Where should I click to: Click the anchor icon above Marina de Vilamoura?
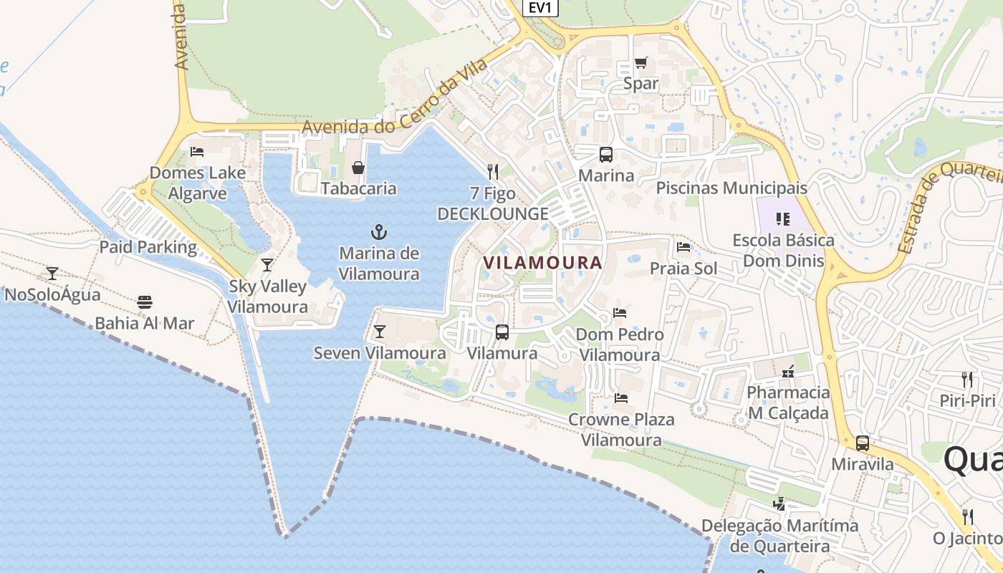[378, 231]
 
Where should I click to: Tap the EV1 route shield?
[540, 7]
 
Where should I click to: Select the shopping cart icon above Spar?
[640, 63]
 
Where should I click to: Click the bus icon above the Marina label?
[606, 154]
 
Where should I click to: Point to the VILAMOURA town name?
[542, 263]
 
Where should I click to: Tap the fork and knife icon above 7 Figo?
[493, 172]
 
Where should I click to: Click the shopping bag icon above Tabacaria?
[357, 168]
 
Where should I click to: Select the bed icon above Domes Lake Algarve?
[197, 151]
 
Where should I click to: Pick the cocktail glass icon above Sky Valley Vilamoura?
[267, 265]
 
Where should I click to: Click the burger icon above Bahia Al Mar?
[145, 302]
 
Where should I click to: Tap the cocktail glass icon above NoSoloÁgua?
[52, 273]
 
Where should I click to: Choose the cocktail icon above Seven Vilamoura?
[380, 332]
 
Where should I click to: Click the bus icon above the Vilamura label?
[502, 332]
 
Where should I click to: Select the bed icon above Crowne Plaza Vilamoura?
[621, 398]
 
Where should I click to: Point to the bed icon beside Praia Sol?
[683, 248]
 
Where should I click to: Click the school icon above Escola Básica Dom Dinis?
[783, 218]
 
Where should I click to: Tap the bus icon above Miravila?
[863, 443]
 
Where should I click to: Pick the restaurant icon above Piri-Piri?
[968, 379]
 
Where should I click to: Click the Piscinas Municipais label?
[731, 188]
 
